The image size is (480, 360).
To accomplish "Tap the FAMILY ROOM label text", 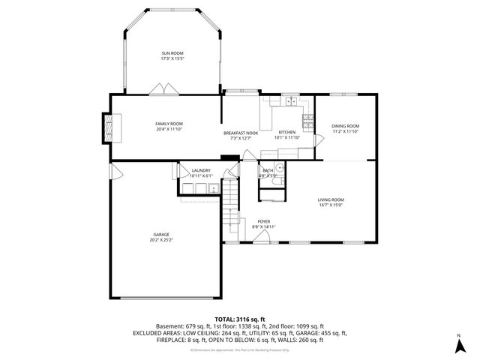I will click(x=169, y=124).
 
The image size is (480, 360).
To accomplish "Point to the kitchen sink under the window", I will click(x=290, y=101).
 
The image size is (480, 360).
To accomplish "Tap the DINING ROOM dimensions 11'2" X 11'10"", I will click(x=346, y=131).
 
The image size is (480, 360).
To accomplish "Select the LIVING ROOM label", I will click(x=331, y=199).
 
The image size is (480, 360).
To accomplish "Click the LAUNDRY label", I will click(x=200, y=170).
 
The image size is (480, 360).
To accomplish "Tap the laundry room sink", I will click(x=213, y=188).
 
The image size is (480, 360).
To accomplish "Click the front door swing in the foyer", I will click(x=262, y=237).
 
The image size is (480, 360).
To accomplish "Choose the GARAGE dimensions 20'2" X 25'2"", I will click(x=161, y=241).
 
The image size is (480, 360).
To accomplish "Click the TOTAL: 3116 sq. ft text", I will click(x=239, y=319).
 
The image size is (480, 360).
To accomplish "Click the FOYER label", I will click(x=264, y=221).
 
